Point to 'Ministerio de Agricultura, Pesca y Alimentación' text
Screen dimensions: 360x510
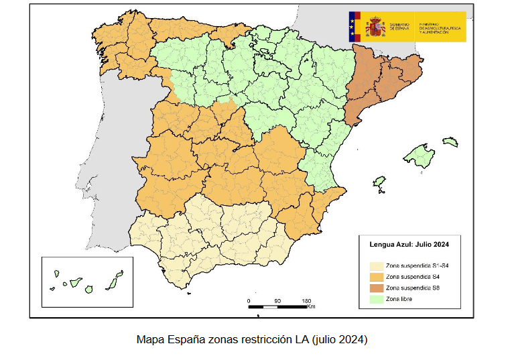(441, 26)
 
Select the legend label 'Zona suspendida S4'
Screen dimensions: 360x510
(409, 276)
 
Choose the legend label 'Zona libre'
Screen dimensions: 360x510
(399, 298)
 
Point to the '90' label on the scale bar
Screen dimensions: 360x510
(277, 300)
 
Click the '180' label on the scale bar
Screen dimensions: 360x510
(306, 300)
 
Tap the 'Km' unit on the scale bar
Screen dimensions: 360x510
(312, 308)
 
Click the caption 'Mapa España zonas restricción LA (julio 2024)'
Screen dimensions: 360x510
(251, 340)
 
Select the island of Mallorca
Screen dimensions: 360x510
(421, 156)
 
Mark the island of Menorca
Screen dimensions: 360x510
(450, 141)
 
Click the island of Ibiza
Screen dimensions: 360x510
(379, 182)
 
